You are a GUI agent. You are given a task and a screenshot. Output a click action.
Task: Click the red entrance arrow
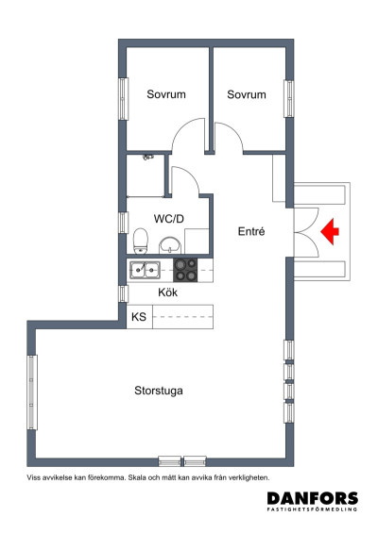pyautogui.click(x=331, y=229)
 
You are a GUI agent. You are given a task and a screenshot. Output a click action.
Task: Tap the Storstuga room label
pyautogui.click(x=160, y=390)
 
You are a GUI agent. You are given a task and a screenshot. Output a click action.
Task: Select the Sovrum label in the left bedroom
pyautogui.click(x=165, y=94)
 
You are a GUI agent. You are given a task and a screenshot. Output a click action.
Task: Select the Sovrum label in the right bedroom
pyautogui.click(x=247, y=94)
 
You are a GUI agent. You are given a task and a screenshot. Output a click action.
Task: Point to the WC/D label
pyautogui.click(x=168, y=218)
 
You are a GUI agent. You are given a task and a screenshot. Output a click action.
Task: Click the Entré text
pyautogui.click(x=249, y=230)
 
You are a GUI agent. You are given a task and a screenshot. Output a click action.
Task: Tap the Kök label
pyautogui.click(x=166, y=292)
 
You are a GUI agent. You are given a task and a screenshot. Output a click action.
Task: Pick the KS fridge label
pyautogui.click(x=138, y=316)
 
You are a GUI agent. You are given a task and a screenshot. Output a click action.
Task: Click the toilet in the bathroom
pyautogui.click(x=141, y=241)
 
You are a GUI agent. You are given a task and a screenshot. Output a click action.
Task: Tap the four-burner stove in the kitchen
pyautogui.click(x=186, y=271)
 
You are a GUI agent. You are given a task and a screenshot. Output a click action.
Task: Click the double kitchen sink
pyautogui.click(x=145, y=272)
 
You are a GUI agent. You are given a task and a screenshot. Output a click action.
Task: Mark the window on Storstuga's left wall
pyautogui.click(x=32, y=391)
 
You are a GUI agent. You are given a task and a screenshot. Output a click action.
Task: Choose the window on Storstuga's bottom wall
pyautogui.click(x=181, y=461)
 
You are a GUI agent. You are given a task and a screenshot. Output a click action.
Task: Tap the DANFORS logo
pyautogui.click(x=312, y=499)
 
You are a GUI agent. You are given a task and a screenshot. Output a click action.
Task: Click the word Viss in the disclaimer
pyautogui.click(x=36, y=477)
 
